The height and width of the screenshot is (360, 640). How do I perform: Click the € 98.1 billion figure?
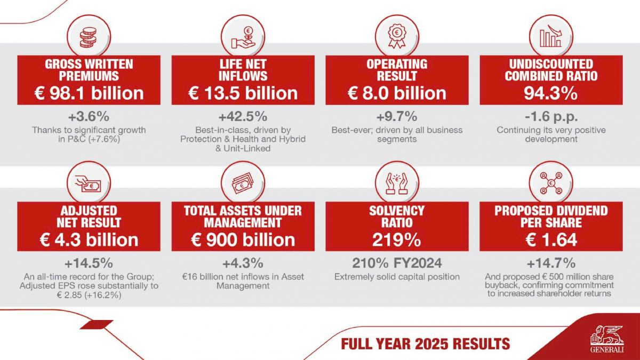point(89,93)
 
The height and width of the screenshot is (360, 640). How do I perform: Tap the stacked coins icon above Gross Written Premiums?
point(89,38)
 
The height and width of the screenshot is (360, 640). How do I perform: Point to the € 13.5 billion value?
point(243,93)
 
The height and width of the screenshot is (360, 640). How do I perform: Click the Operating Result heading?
point(397,70)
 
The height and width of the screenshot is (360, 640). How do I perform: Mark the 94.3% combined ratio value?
point(551,93)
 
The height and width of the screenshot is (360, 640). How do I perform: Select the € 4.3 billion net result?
point(89,239)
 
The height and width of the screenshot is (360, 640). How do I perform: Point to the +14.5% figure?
point(89,263)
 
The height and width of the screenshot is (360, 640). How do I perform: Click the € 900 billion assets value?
point(243,239)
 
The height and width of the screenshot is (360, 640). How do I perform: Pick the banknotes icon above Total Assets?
point(243,184)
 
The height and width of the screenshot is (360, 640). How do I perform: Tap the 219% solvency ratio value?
point(397,239)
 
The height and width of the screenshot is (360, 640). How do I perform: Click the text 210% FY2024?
point(397,263)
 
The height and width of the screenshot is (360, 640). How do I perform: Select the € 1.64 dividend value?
point(551,239)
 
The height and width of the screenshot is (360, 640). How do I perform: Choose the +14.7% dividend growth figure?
point(551,263)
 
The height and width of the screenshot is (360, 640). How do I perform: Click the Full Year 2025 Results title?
point(425,343)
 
